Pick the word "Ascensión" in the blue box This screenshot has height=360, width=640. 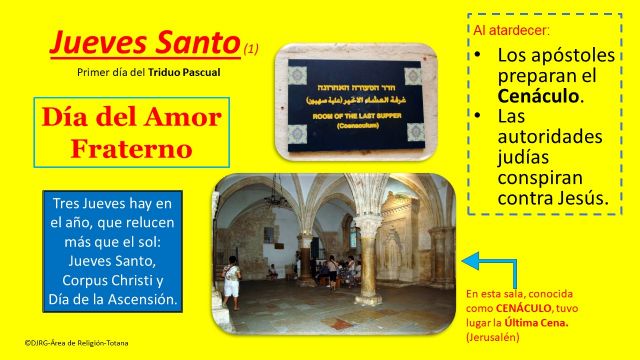140,299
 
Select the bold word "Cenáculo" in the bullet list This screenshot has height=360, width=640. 540,97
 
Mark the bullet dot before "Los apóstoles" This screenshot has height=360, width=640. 480,53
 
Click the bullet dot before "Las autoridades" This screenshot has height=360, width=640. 480,118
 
